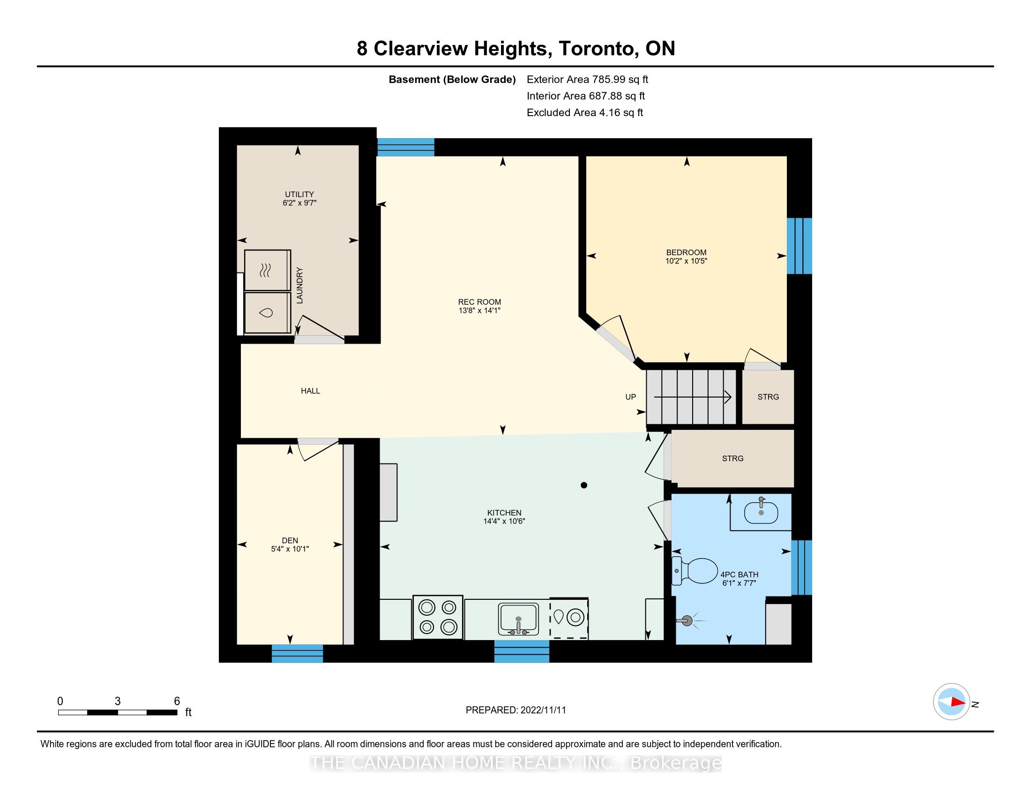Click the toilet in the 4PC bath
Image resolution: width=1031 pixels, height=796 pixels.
[x=695, y=571]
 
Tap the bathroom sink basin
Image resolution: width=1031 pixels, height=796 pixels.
[x=761, y=512]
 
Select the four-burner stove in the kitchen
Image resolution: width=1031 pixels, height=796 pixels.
[x=438, y=617]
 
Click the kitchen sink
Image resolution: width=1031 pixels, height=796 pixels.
[x=518, y=619]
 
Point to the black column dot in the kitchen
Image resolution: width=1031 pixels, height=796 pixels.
[x=584, y=485]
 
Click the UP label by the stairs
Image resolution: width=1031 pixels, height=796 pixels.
[x=631, y=397]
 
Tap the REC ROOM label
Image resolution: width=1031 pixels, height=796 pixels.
[x=479, y=302]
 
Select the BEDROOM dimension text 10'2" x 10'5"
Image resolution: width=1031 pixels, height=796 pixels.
[x=687, y=261]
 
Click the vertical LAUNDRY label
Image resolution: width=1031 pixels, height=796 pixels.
[x=299, y=285]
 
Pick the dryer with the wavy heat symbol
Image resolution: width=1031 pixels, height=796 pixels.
[x=267, y=270]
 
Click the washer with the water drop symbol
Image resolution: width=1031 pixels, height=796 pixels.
[x=267, y=313]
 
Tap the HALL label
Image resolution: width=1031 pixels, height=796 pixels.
[x=310, y=391]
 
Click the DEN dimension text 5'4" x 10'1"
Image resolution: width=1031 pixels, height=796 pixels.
[x=290, y=549]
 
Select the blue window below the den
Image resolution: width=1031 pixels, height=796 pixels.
[x=298, y=654]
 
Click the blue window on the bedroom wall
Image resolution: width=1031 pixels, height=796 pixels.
[x=799, y=246]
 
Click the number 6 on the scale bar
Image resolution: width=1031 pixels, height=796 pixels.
[x=177, y=701]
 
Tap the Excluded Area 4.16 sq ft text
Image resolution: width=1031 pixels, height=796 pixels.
[x=585, y=113]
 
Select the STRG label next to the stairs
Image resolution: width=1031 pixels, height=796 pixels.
[x=768, y=397]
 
